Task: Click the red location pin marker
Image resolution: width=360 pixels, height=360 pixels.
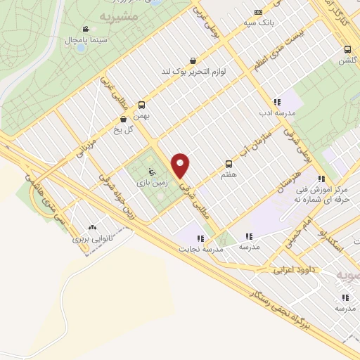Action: coord(181,165)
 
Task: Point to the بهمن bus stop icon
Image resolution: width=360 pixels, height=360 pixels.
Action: coord(143,103)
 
